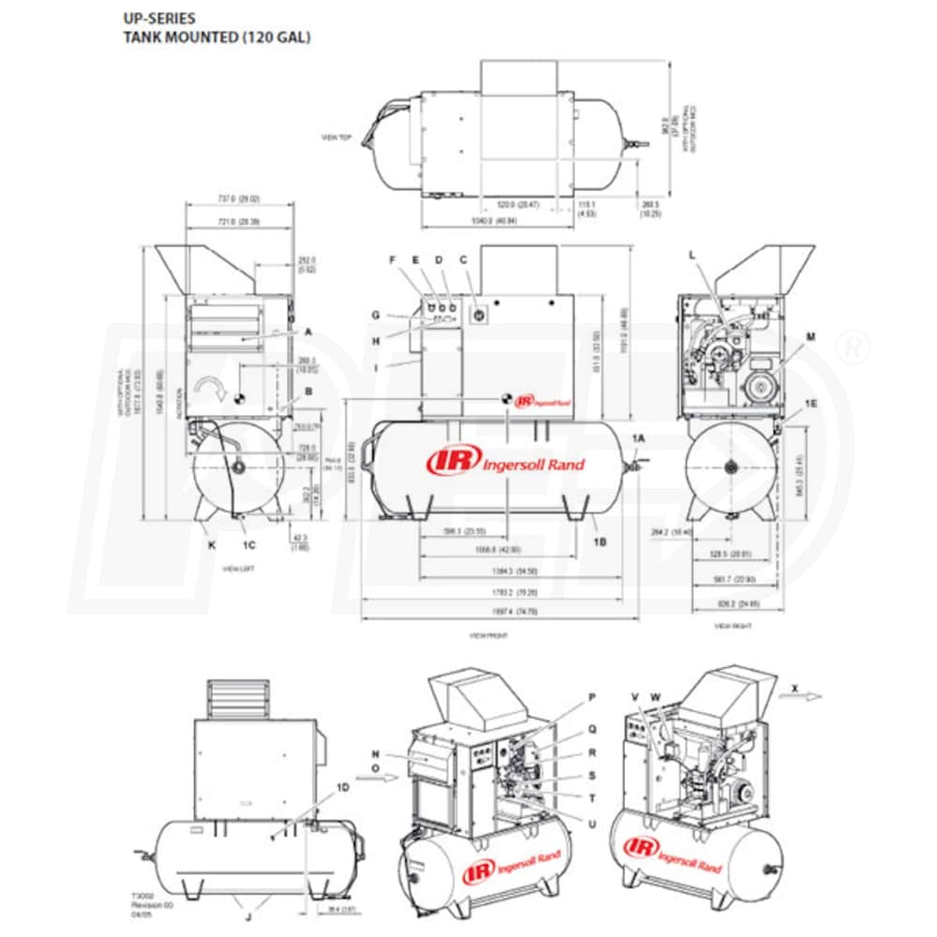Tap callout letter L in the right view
point(692,254)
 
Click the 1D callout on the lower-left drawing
point(342,788)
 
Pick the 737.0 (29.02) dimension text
point(238,199)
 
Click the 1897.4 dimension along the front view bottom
point(505,611)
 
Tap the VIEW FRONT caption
point(487,635)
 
